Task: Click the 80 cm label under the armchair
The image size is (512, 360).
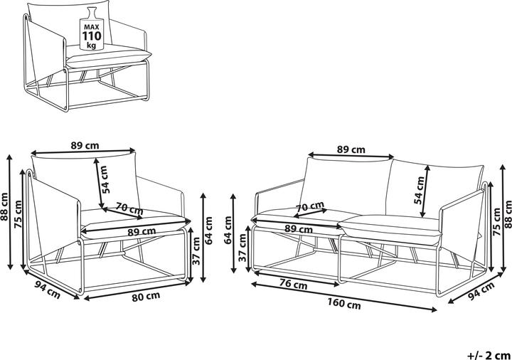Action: [146, 296]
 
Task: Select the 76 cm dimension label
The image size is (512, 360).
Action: [294, 284]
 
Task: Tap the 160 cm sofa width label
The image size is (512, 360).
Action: [344, 304]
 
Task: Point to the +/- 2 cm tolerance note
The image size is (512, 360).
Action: [489, 355]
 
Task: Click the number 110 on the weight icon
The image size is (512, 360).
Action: [92, 36]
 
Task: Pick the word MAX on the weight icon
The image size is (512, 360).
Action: [92, 27]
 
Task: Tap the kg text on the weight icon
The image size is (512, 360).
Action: [92, 45]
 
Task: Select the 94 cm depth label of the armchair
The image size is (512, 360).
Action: [48, 290]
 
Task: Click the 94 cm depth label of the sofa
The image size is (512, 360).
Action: [481, 291]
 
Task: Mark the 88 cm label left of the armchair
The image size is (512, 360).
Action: [4, 207]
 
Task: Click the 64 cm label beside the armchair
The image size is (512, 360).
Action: [209, 231]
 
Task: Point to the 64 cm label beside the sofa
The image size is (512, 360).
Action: [228, 230]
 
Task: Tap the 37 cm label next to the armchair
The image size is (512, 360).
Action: [196, 251]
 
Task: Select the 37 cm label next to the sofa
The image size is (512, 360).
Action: [242, 248]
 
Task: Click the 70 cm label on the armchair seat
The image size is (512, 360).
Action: [129, 208]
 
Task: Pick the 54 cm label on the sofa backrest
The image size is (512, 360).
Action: [419, 190]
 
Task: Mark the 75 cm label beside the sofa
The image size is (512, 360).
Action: [496, 222]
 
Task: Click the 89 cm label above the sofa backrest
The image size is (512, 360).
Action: [351, 149]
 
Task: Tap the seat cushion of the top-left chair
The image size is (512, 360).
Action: [108, 56]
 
